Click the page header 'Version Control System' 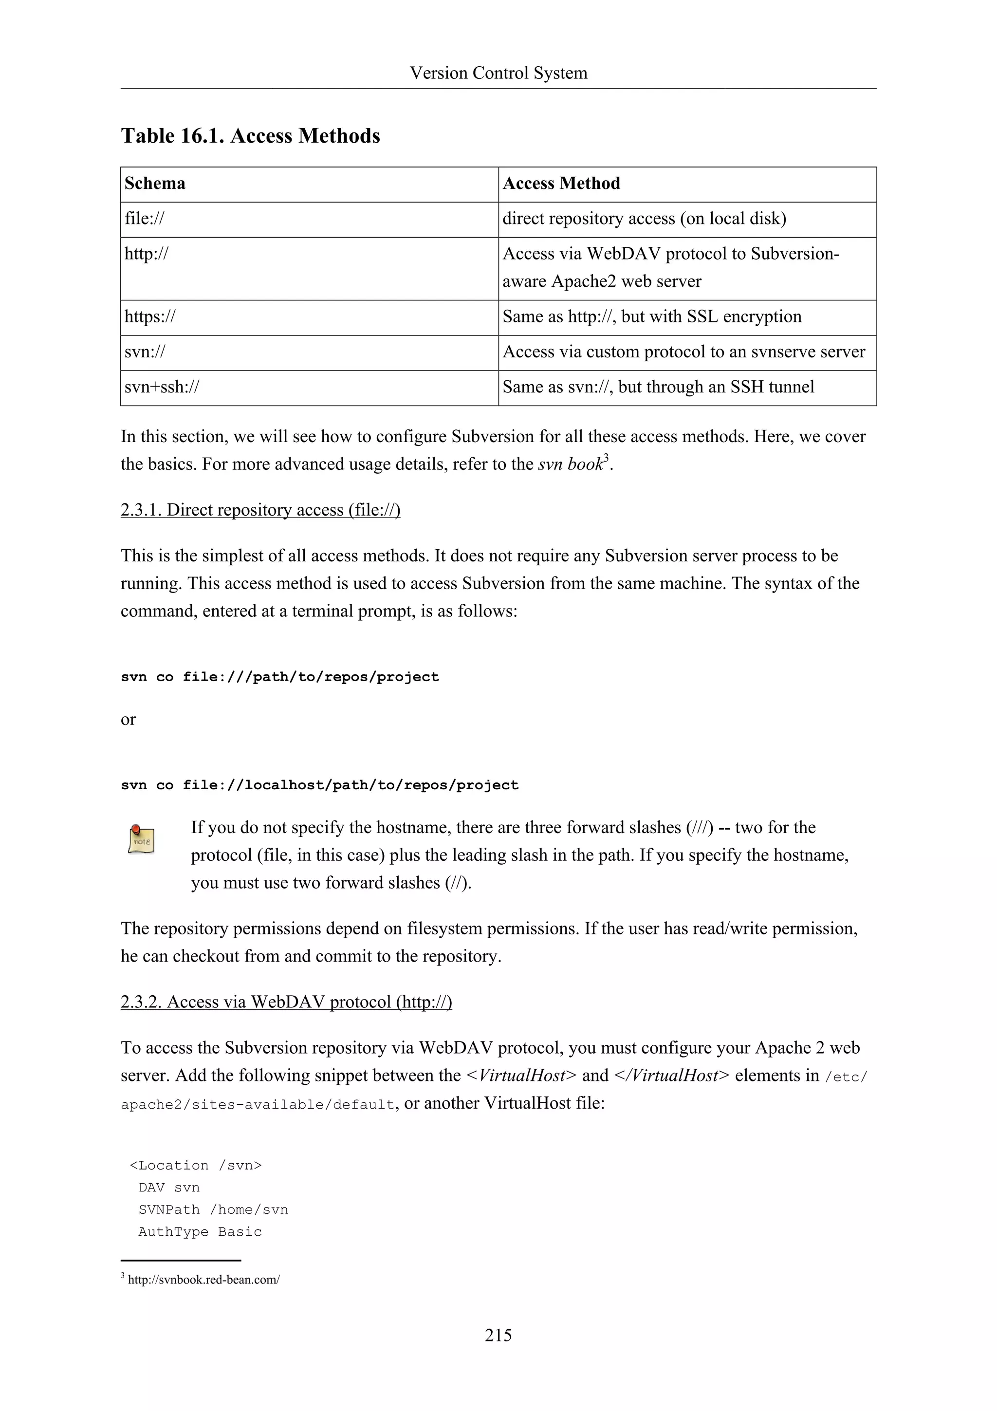pos(498,73)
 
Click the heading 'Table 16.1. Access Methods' pos(250,136)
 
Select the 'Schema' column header pos(155,184)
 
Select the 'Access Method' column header pos(561,184)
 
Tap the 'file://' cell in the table pos(145,219)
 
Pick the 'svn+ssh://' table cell pos(162,387)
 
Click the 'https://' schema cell pos(150,317)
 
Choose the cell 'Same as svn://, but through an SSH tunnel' pos(658,387)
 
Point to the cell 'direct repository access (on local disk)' pos(644,219)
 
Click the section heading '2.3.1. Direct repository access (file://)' pos(260,510)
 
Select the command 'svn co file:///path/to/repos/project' pos(279,677)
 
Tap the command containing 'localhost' pos(319,785)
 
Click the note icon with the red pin pos(141,839)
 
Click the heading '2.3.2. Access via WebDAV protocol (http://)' pos(286,1003)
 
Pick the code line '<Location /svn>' pos(195,1166)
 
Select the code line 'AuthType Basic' pos(200,1232)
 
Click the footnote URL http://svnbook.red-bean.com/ pos(203,1280)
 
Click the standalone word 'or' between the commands pos(128,720)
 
